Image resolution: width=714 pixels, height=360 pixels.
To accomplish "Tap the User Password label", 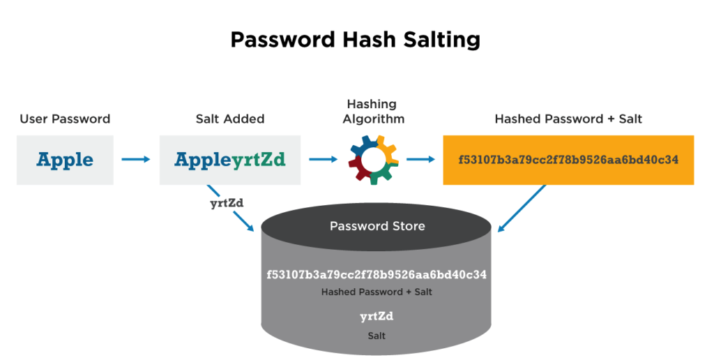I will [65, 119].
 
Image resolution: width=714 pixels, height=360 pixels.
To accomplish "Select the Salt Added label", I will [230, 119].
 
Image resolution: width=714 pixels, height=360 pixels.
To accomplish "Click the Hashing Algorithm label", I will [372, 112].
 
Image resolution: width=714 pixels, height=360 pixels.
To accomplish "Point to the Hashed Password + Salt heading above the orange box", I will [568, 119].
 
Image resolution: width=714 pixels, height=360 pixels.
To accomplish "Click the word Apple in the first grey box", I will [65, 160].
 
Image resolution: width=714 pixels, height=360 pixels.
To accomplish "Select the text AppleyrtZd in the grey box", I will [230, 160].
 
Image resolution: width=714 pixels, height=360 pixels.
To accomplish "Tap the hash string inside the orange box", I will [568, 160].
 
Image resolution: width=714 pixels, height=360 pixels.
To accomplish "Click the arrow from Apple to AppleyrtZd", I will [136, 160].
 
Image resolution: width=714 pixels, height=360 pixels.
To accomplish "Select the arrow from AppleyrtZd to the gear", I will [323, 160].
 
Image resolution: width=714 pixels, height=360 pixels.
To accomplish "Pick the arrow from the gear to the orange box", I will [421, 160].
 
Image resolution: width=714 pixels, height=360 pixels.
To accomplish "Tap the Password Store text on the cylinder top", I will [377, 226].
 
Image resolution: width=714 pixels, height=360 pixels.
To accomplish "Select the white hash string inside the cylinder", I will [377, 275].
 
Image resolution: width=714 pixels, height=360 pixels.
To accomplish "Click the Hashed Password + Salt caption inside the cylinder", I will [377, 292].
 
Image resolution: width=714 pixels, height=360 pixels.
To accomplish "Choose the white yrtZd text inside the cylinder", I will [377, 317].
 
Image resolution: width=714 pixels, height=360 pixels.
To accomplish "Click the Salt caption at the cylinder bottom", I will [377, 336].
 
